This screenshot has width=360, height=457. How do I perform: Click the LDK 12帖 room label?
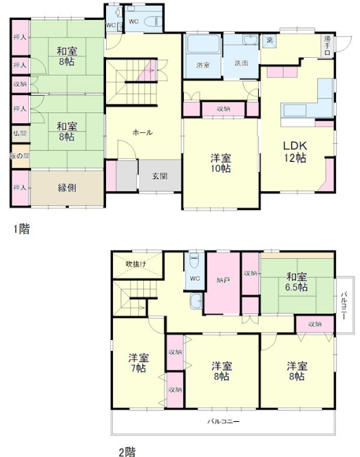pos(296,151)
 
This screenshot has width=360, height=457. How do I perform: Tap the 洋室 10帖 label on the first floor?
pos(221,164)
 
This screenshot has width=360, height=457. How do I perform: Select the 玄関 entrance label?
pos(160,176)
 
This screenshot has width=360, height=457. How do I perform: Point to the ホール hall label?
pos(142,132)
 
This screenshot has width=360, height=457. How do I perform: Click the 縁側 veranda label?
pos(67,187)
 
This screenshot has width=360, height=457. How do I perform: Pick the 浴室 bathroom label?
pos(203,65)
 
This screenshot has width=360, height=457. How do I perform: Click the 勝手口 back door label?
pos(327,45)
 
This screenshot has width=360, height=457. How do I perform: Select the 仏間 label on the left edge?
pos(19,133)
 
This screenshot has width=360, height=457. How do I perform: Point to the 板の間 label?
pos(19,156)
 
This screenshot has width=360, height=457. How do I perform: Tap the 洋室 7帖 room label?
pos(138,363)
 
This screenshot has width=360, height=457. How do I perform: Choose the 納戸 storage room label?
pos(222,281)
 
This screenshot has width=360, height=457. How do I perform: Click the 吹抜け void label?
pos(135,265)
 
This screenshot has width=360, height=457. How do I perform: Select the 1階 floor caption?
pos(21,228)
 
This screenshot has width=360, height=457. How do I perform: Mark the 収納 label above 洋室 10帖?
pos(223,109)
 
